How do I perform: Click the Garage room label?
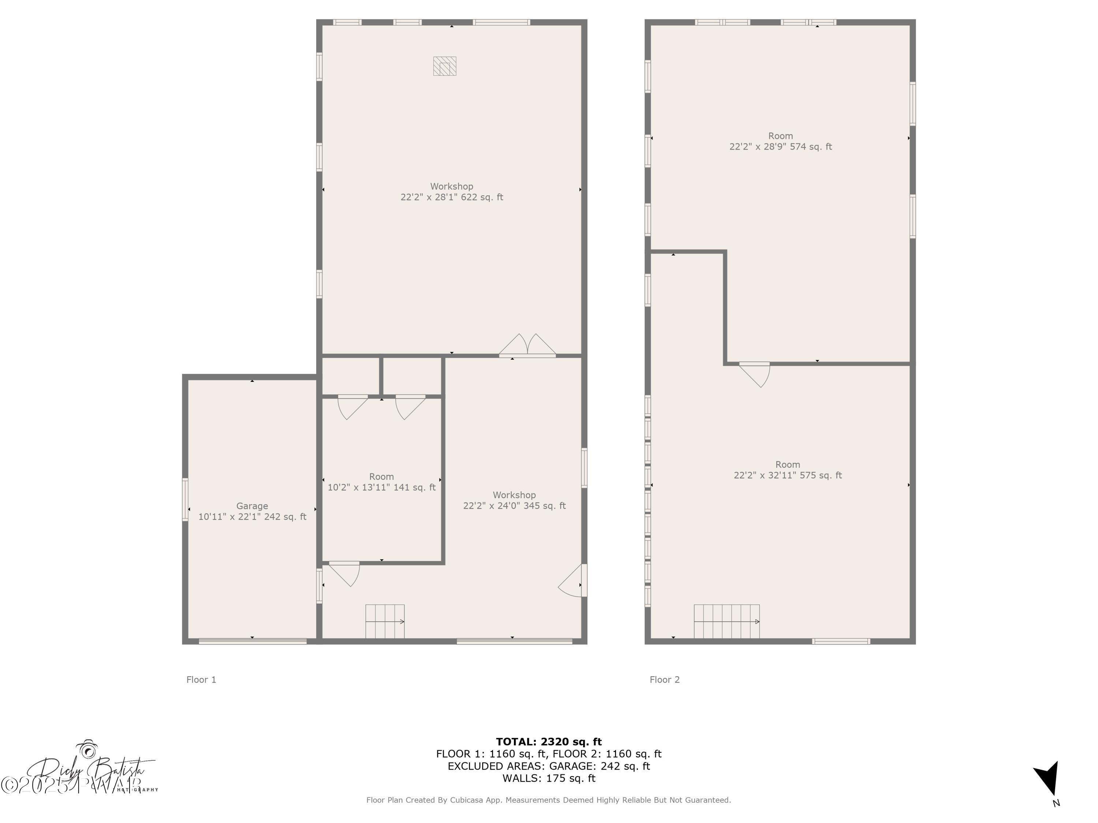coord(252,506)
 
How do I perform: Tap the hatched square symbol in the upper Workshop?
coord(444,66)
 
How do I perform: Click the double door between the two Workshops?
coord(527,346)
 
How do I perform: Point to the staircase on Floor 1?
coord(385,621)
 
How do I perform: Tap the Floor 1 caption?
coord(201,680)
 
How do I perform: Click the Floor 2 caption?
coord(664,680)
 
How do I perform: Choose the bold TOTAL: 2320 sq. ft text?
coord(549,742)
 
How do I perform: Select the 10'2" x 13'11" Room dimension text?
coord(381,488)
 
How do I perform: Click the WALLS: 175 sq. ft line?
coord(549,778)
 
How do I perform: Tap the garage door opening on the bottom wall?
coord(252,641)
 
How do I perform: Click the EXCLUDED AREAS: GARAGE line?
coord(549,766)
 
